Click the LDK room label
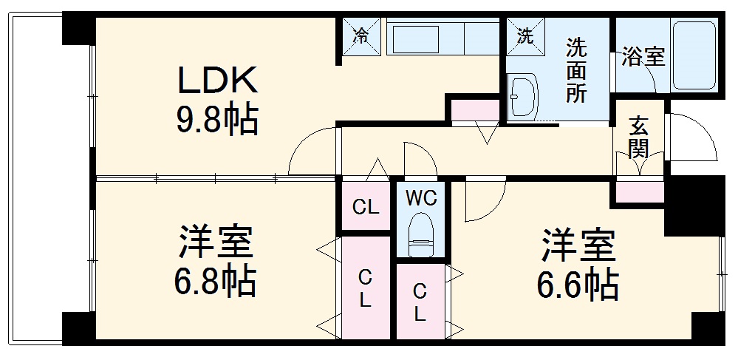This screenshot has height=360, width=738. coord(216,79)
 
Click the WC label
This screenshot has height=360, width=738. coord(422,198)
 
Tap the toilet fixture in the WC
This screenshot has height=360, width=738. coord(422,234)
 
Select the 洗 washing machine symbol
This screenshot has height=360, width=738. coord(525,35)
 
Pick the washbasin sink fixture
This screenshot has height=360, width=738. coord(525,96)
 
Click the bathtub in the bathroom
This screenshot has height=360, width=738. coord(694,55)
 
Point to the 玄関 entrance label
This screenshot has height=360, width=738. coord(638,138)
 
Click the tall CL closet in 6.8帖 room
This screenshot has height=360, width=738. coord(365,288)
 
